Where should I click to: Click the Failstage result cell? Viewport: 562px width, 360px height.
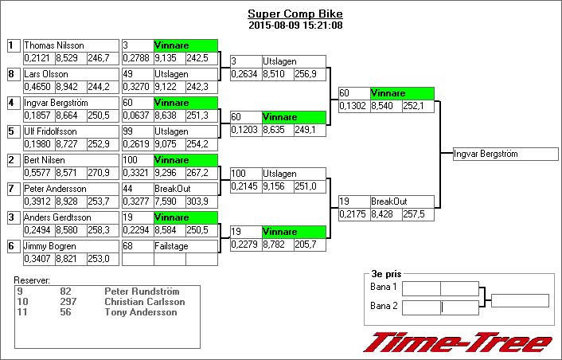coord(185,246)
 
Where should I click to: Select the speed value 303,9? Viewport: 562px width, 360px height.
coord(201,201)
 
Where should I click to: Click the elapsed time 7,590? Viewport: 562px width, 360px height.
coord(168,201)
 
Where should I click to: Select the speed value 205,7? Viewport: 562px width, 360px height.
coord(310,245)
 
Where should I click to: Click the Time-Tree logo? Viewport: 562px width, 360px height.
coord(458,342)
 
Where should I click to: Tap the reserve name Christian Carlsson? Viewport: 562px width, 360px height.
coord(145,302)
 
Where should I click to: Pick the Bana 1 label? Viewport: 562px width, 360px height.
coord(384,287)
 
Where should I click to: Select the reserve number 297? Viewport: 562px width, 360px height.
coord(68,302)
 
